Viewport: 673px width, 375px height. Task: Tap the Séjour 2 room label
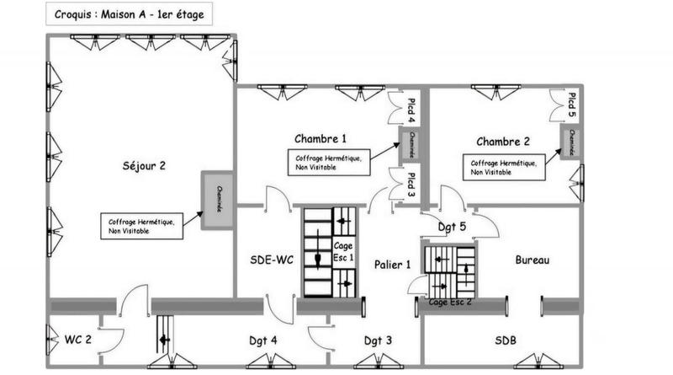tap(139, 166)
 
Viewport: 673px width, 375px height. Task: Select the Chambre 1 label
tap(320, 138)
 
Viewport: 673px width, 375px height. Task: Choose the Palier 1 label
tap(393, 265)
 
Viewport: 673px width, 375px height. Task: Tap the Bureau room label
tap(532, 261)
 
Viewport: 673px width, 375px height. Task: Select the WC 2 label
tap(78, 340)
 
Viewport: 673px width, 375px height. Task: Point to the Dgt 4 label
tap(264, 340)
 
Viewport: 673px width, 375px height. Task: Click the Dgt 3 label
tap(378, 340)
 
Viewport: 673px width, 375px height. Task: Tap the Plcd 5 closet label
tap(572, 104)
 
